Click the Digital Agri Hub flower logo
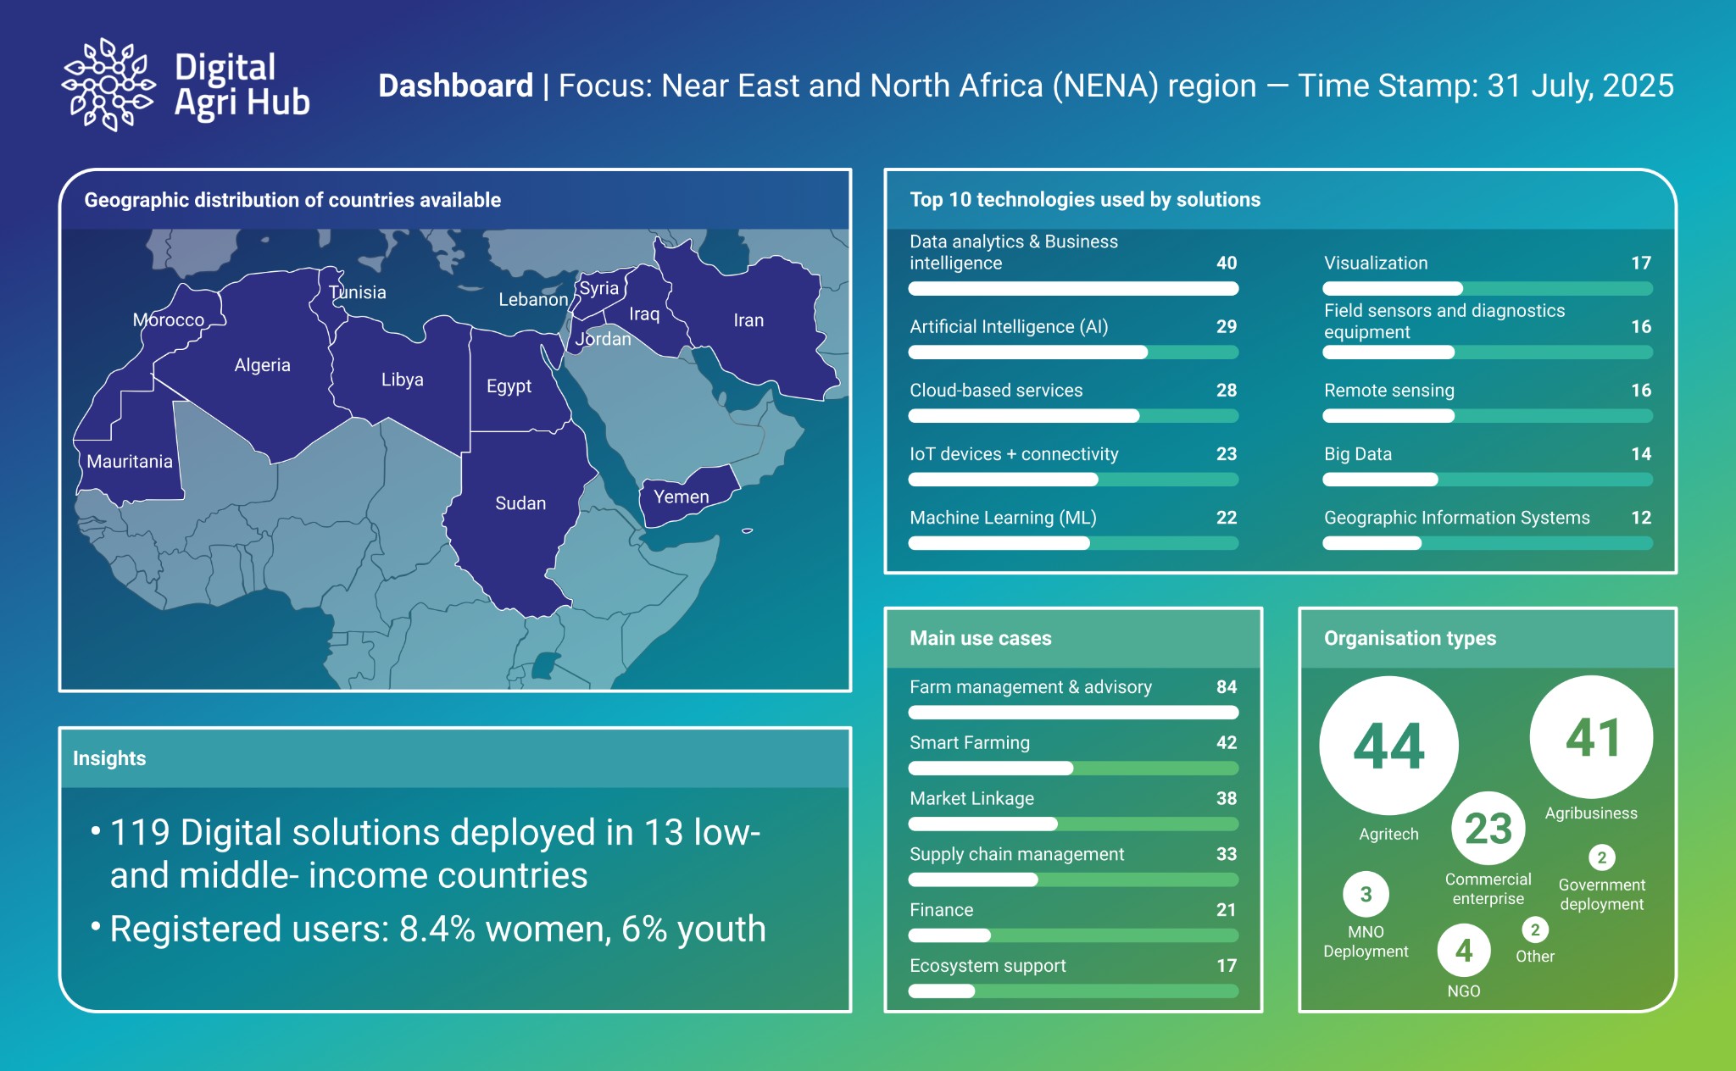pyautogui.click(x=108, y=84)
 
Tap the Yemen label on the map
pyautogui.click(x=682, y=497)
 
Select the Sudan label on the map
pyautogui.click(x=520, y=503)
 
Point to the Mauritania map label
pyautogui.click(x=130, y=462)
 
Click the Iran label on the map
pyautogui.click(x=748, y=320)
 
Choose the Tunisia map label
pyautogui.click(x=358, y=292)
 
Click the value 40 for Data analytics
pyautogui.click(x=1227, y=263)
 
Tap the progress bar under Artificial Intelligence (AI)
pyautogui.click(x=1073, y=352)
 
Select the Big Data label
pyautogui.click(x=1358, y=454)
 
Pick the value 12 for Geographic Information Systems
pyautogui.click(x=1641, y=518)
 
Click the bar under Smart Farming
pyautogui.click(x=1073, y=769)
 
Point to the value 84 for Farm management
pyautogui.click(x=1227, y=687)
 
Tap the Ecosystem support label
pyautogui.click(x=988, y=966)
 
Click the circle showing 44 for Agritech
pyautogui.click(x=1388, y=746)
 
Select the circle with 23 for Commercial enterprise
pyautogui.click(x=1488, y=828)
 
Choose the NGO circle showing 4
pyautogui.click(x=1464, y=951)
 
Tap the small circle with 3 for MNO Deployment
pyautogui.click(x=1366, y=894)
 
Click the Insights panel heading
pyautogui.click(x=109, y=758)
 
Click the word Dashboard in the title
pyautogui.click(x=456, y=86)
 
